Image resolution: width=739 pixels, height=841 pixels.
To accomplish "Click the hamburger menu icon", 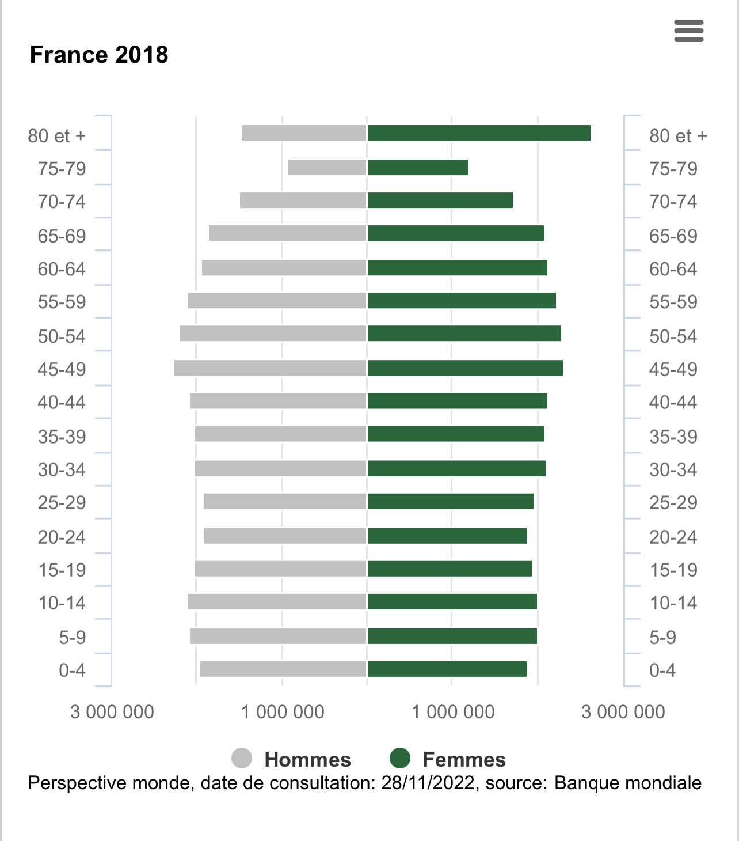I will (688, 31).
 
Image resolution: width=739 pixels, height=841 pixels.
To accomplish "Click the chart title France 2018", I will (99, 55).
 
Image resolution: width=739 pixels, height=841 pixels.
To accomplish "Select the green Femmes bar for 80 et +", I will (479, 132).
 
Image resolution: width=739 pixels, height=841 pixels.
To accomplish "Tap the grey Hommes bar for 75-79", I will (327, 167).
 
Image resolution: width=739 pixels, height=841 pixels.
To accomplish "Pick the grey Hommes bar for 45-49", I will (270, 368).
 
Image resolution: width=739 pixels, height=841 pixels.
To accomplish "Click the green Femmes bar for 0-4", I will (447, 669).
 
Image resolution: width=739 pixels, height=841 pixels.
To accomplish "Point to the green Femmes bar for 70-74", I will (440, 200).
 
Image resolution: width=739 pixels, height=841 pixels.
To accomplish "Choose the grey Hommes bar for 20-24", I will (285, 536).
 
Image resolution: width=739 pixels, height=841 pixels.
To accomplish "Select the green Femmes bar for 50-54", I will (464, 334).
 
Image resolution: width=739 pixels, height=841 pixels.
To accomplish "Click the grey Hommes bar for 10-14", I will (277, 601).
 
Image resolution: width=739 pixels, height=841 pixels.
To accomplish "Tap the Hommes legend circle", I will (242, 758).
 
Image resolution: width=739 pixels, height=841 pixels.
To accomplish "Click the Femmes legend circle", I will (400, 758).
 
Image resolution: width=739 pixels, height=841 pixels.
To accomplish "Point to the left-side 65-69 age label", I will (62, 236).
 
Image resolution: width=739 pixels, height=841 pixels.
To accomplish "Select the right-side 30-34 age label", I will (673, 470).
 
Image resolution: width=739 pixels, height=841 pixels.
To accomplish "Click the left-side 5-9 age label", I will (73, 638).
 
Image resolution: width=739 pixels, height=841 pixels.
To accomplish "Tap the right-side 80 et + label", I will (677, 136).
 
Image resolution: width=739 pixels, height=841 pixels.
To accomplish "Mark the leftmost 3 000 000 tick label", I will (112, 712).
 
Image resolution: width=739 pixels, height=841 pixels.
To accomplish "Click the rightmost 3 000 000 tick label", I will (623, 712).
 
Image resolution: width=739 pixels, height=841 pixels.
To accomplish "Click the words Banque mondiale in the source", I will (627, 783).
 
